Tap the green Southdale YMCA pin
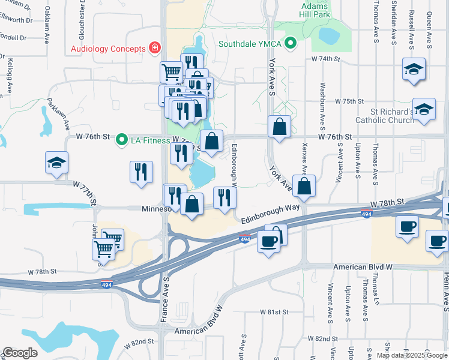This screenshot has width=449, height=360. (291, 43)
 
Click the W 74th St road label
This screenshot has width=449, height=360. (325, 59)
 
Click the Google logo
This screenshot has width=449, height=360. (20, 353)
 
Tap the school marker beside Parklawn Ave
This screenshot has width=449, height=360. (57, 163)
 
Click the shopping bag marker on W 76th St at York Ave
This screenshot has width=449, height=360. (280, 127)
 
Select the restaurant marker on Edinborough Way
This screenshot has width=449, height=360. (224, 198)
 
